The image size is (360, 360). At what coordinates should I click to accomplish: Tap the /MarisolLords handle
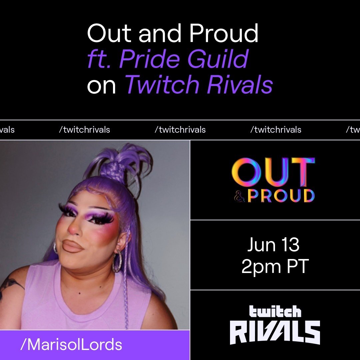71,345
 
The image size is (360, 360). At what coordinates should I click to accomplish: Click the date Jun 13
273,245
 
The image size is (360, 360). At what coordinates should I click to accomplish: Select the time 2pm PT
275,267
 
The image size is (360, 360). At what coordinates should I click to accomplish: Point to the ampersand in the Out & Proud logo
239,196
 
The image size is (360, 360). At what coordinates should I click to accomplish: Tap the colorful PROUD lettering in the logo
281,196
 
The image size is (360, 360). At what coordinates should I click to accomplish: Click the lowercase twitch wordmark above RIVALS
275,312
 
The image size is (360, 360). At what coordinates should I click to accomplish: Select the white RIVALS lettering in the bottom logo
275,332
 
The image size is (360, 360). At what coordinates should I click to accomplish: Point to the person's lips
73,246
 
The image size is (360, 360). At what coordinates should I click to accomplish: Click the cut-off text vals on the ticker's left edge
7,130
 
